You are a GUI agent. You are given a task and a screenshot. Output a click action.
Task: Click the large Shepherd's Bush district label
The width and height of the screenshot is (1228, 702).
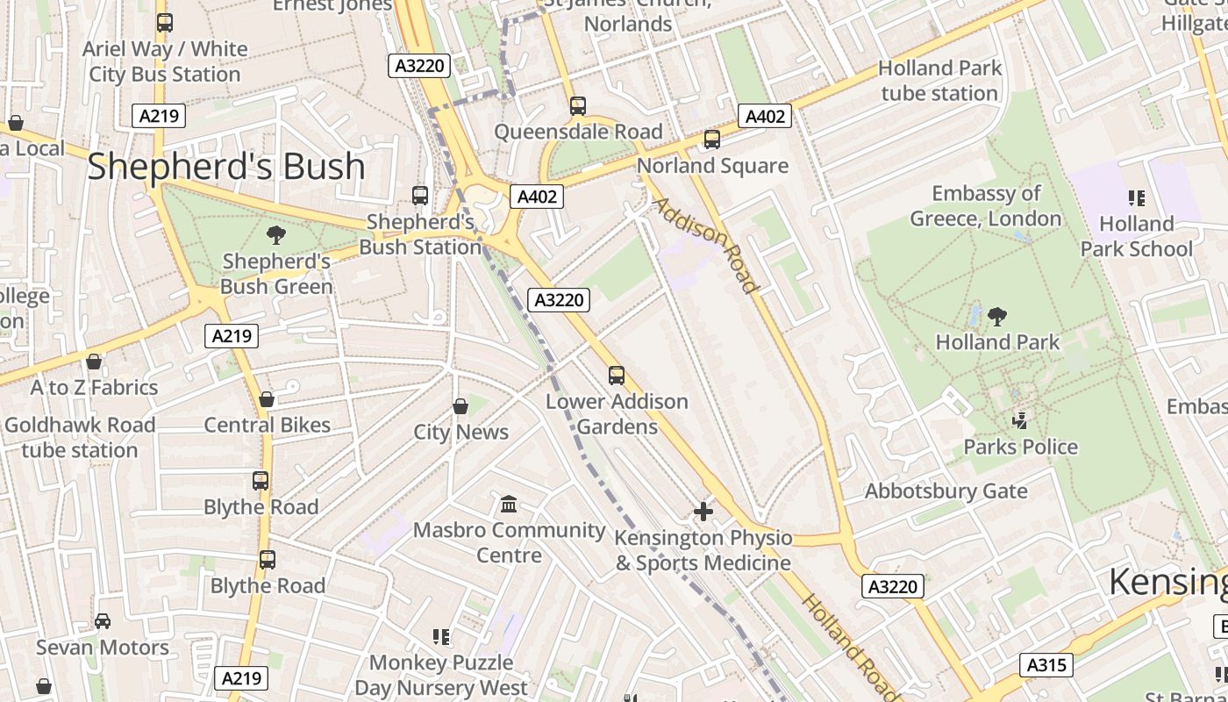[x=225, y=166]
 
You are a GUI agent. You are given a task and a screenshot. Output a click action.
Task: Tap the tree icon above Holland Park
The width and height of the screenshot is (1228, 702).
[x=996, y=316]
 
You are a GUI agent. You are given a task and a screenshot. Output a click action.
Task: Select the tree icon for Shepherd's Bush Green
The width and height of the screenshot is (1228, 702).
[x=275, y=235]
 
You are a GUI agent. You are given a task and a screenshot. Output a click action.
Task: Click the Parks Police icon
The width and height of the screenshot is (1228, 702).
[x=1019, y=421]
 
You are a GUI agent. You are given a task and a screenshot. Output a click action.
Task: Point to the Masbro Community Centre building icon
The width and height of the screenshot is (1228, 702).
[x=509, y=505]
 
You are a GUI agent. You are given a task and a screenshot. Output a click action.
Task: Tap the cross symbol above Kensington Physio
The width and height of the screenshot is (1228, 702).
[x=703, y=512]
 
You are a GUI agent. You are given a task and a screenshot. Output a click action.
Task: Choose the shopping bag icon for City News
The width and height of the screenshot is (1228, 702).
[x=460, y=406]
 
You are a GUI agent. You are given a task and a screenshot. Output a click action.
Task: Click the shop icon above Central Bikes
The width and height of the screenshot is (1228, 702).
[x=267, y=399]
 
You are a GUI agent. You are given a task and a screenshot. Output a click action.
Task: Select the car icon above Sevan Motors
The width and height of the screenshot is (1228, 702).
[x=103, y=621]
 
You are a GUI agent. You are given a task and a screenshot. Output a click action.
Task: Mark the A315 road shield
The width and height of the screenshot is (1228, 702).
[x=1046, y=665]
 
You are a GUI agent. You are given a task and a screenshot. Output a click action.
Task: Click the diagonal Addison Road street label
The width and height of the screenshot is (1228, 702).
[x=704, y=245]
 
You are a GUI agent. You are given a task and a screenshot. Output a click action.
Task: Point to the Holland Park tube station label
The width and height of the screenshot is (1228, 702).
[x=939, y=81]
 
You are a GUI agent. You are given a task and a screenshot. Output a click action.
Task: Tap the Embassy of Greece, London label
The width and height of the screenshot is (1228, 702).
[x=985, y=205]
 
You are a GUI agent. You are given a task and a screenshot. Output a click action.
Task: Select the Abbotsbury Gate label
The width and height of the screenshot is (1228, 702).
[x=946, y=491]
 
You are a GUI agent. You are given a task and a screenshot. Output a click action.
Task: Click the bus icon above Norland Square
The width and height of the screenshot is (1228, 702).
[x=712, y=140]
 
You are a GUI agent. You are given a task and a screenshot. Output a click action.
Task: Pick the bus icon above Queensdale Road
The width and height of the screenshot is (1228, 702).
[x=577, y=106]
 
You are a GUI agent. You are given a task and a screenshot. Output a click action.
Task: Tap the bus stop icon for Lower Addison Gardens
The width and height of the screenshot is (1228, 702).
[x=617, y=376]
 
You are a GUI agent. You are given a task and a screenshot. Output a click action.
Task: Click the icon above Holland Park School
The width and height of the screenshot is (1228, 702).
[x=1137, y=198]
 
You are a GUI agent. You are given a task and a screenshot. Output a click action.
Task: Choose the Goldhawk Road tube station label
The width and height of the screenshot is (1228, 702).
[x=80, y=437]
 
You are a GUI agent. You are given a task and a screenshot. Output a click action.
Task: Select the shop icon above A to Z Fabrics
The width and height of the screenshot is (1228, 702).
[x=94, y=362]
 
